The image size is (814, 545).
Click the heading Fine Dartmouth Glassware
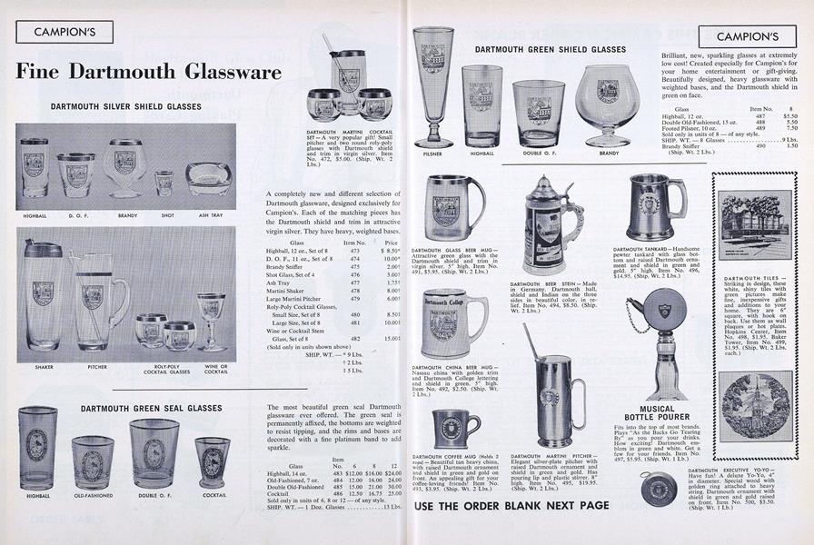coord(144,73)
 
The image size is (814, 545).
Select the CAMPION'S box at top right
coord(753,36)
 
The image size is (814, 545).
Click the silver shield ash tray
coord(208,177)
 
